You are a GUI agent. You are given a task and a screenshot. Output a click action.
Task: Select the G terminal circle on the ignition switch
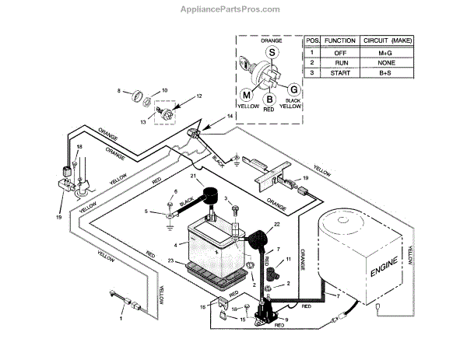click(294, 89)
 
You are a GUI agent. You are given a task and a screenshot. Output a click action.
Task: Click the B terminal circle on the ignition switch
click(269, 99)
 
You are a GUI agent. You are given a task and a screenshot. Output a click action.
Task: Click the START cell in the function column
click(340, 72)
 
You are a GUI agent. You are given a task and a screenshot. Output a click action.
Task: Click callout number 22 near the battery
click(274, 225)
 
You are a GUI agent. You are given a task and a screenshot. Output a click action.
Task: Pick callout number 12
click(198, 96)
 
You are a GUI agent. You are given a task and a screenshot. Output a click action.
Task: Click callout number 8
click(119, 91)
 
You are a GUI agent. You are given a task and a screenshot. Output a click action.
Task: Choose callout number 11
click(289, 258)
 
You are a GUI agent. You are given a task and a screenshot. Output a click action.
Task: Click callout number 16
click(205, 307)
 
